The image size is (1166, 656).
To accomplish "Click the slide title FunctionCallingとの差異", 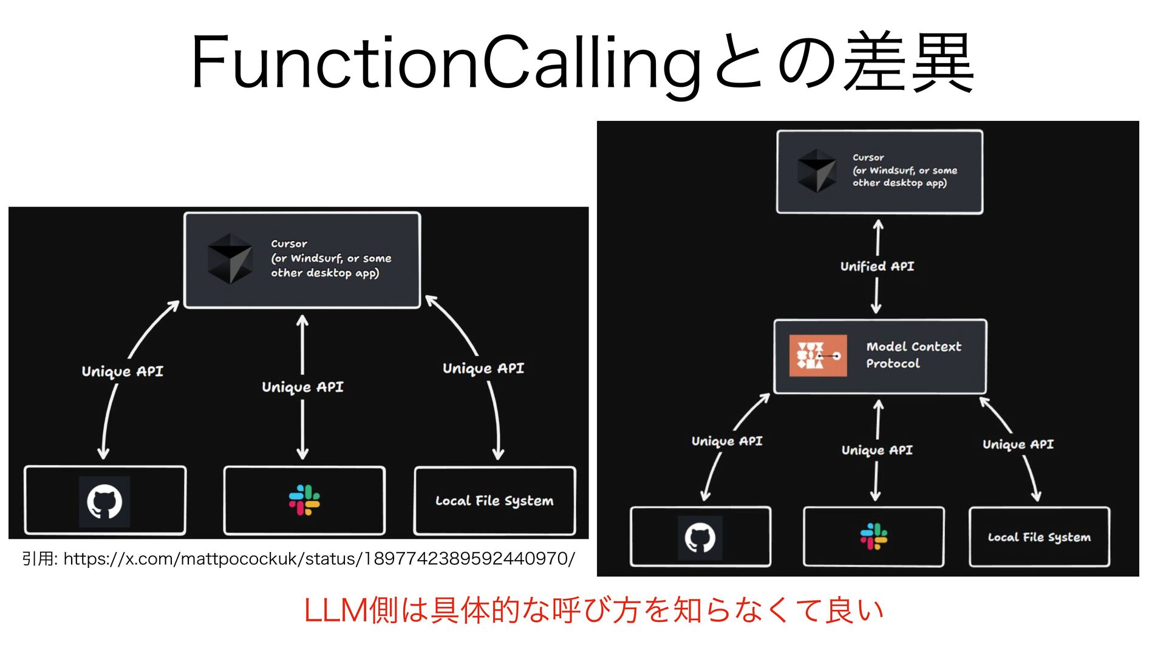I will [x=582, y=63].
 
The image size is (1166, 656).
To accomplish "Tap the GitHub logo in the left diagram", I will [x=104, y=501].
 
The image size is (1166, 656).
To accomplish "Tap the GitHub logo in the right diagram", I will [x=700, y=538].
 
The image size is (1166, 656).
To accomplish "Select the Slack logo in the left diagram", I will [x=304, y=500].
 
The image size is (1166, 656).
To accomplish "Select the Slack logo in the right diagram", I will [x=874, y=537].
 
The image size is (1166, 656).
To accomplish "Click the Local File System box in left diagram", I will [x=494, y=501].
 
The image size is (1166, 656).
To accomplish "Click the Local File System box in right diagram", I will [x=1039, y=538].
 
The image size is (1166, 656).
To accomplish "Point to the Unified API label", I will [x=877, y=266].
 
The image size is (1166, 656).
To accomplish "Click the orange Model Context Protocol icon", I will [x=817, y=356].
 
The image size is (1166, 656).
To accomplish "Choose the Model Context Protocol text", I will [x=913, y=355].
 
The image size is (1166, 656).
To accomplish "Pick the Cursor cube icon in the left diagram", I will [x=230, y=259].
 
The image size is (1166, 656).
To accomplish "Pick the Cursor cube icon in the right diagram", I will [x=817, y=171].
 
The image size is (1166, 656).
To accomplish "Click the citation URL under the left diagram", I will [x=298, y=558].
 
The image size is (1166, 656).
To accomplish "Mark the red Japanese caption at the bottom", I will [x=593, y=610].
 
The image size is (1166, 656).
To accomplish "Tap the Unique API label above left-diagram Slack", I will [x=302, y=387].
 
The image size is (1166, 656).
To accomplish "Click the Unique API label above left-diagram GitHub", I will [x=123, y=371].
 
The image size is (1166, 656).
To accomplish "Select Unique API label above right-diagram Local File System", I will [x=1018, y=444].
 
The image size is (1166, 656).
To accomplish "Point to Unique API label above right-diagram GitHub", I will [x=727, y=441].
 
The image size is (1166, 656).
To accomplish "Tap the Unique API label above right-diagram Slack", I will [x=877, y=450].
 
